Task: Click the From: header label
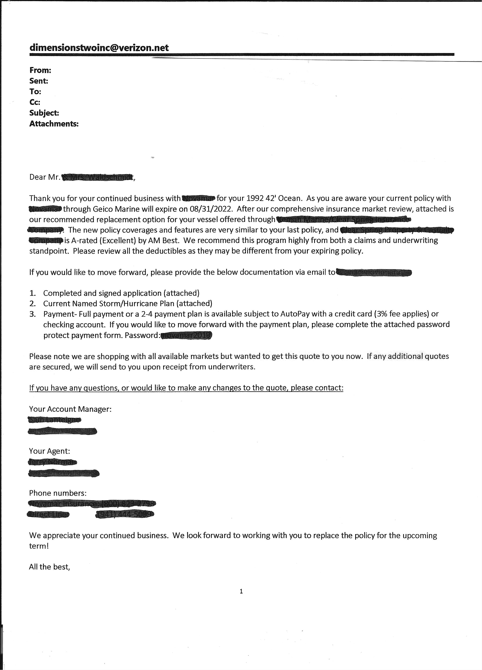40,70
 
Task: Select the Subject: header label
44,113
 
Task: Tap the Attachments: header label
54,124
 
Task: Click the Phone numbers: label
58,493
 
